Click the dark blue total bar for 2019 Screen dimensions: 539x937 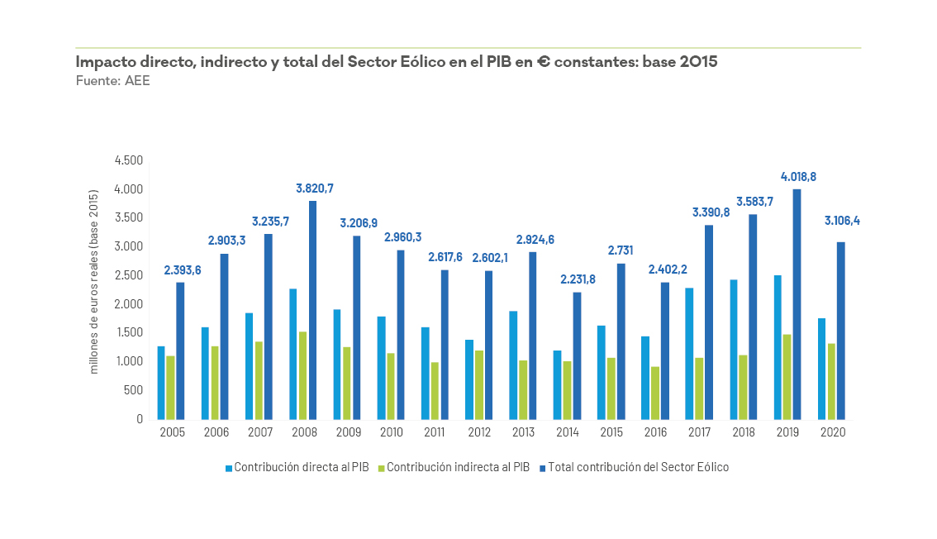[797, 304]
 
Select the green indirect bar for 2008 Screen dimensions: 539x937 [302, 375]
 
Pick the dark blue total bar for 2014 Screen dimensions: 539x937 [577, 355]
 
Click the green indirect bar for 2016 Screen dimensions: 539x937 [655, 393]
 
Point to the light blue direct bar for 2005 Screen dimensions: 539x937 [161, 382]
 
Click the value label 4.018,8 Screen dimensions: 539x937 [798, 177]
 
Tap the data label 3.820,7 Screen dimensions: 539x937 [314, 188]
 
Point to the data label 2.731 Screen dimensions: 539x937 [621, 250]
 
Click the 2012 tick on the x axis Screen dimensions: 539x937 [479, 432]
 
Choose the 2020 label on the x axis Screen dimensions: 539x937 [832, 432]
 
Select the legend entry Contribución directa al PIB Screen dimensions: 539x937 [297, 467]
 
